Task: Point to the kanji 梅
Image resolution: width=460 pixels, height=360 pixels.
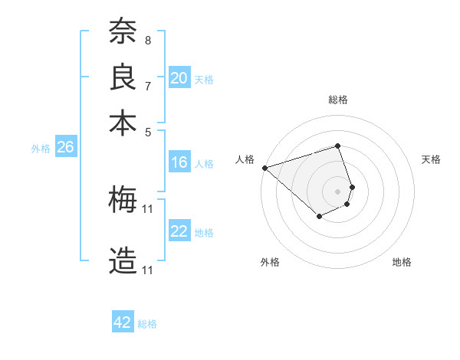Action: pyautogui.click(x=123, y=200)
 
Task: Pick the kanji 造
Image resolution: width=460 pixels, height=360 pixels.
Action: pyautogui.click(x=123, y=261)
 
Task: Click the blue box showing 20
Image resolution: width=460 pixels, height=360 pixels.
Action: pyautogui.click(x=179, y=78)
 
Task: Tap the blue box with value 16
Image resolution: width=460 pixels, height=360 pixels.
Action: pyautogui.click(x=179, y=162)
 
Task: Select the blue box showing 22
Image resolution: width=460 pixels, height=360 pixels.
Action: pyautogui.click(x=179, y=232)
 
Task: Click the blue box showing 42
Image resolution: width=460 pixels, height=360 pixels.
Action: pyautogui.click(x=123, y=322)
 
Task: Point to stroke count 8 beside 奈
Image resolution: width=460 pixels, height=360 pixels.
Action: pyautogui.click(x=148, y=40)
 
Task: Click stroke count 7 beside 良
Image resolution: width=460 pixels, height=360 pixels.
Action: pyautogui.click(x=148, y=86)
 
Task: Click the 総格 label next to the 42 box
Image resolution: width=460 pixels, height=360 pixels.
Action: pyautogui.click(x=147, y=324)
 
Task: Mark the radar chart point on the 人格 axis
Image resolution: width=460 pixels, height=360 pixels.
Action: pyautogui.click(x=264, y=167)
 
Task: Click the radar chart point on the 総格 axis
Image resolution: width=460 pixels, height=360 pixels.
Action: pyautogui.click(x=337, y=146)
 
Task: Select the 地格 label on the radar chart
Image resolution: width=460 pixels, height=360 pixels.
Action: pyautogui.click(x=402, y=262)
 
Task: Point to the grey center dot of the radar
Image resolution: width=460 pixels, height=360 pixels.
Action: pyautogui.click(x=337, y=191)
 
